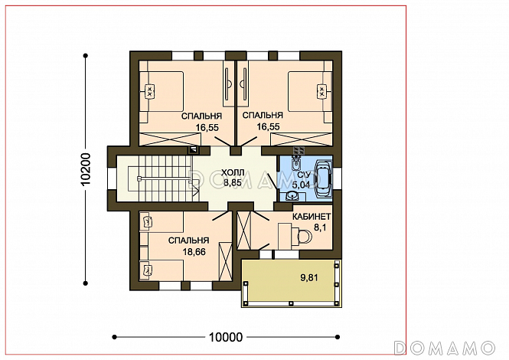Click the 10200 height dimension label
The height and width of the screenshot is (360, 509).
tap(86, 169)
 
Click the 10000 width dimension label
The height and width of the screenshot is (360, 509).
tap(226, 337)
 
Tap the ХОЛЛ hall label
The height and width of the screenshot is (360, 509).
tap(233, 172)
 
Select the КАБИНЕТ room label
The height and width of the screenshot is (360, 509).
tap(312, 217)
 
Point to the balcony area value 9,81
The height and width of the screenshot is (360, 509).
tap(309, 278)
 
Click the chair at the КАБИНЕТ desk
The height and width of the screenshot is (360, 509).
tap(305, 236)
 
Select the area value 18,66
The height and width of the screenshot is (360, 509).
tap(194, 252)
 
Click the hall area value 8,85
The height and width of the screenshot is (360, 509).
tap(233, 182)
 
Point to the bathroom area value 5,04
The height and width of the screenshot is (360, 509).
tap(302, 185)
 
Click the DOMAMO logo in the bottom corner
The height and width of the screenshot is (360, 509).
tap(444, 348)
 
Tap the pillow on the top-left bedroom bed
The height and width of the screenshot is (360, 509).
tap(150, 91)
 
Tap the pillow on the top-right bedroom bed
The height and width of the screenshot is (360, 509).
tap(322, 91)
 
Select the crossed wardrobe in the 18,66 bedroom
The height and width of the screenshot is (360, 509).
tap(225, 261)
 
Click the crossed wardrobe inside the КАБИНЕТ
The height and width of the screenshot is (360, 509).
tap(244, 230)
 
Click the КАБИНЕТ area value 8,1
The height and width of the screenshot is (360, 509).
tap(320, 227)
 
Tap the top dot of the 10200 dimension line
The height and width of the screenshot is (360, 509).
tap(86, 56)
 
